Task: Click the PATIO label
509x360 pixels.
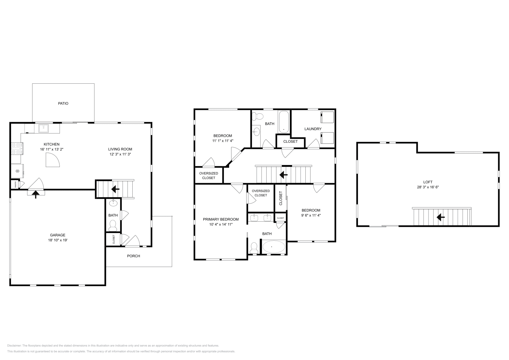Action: (x=63, y=103)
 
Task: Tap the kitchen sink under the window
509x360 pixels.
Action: (x=43, y=128)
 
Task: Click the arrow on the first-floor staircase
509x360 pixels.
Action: (x=115, y=189)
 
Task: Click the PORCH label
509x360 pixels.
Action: (x=133, y=256)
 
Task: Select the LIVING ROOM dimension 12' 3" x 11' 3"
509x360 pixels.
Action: (x=120, y=154)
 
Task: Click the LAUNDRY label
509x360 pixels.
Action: (x=313, y=129)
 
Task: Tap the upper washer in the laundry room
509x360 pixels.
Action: (x=327, y=117)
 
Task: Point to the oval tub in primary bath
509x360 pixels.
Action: (x=273, y=247)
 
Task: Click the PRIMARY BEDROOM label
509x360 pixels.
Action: (x=221, y=219)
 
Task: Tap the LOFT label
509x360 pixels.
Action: (x=428, y=182)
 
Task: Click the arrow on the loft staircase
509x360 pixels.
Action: (x=441, y=217)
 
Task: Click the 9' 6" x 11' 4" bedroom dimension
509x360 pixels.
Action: (x=311, y=215)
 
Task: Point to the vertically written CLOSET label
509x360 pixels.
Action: (x=281, y=198)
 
